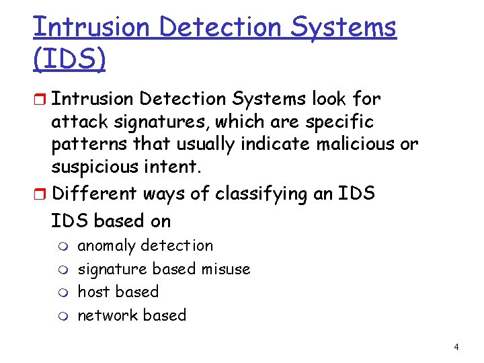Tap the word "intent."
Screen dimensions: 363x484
(159, 166)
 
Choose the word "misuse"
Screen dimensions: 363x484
(225, 269)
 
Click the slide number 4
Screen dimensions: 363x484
(456, 348)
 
